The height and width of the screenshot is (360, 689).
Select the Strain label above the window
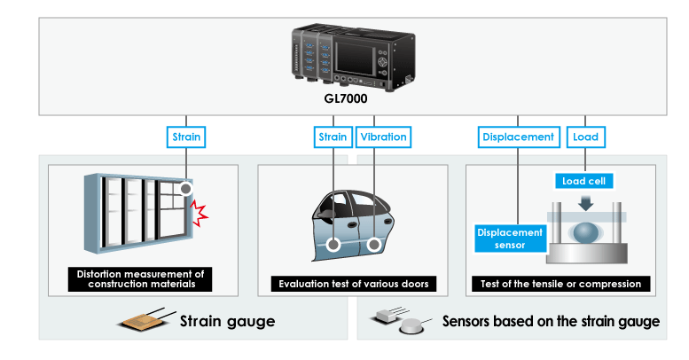click(186, 137)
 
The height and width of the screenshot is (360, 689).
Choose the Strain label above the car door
click(333, 137)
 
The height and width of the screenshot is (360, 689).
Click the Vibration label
click(382, 137)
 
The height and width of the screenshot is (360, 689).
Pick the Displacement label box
click(518, 137)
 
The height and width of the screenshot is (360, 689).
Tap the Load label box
click(584, 137)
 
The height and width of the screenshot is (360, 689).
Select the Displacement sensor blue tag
click(509, 238)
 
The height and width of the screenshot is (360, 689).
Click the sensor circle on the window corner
click(185, 189)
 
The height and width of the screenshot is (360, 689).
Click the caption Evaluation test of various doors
click(353, 285)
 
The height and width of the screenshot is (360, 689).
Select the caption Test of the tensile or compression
click(560, 285)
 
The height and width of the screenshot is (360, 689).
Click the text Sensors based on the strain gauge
click(551, 322)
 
